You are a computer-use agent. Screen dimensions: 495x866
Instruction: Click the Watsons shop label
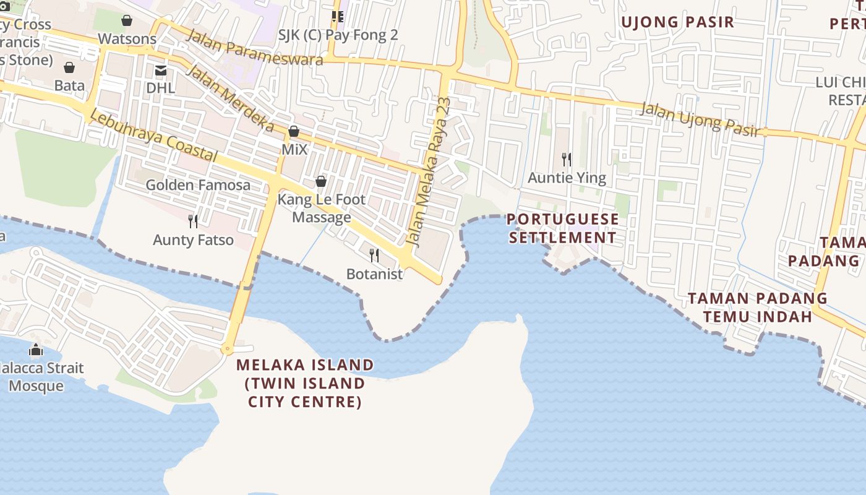pyautogui.click(x=127, y=38)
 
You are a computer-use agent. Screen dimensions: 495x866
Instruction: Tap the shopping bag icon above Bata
pyautogui.click(x=69, y=67)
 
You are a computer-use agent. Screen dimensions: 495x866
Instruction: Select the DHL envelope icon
pyautogui.click(x=161, y=71)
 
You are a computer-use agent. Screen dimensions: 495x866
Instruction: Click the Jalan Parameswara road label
pyautogui.click(x=254, y=47)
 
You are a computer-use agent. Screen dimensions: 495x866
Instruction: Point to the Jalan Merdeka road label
pyautogui.click(x=230, y=98)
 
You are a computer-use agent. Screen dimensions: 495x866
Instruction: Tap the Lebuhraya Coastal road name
pyautogui.click(x=153, y=136)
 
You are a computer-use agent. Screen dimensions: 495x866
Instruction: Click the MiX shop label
pyautogui.click(x=294, y=149)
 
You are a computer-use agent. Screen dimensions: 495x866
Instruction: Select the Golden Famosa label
pyautogui.click(x=198, y=184)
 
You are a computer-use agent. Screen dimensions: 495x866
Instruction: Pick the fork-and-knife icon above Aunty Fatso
pyautogui.click(x=193, y=220)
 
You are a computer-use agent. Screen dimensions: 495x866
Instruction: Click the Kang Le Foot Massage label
pyautogui.click(x=322, y=209)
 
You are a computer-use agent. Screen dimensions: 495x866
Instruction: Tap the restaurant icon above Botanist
pyautogui.click(x=374, y=255)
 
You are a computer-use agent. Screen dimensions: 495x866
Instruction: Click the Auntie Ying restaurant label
pyautogui.click(x=567, y=178)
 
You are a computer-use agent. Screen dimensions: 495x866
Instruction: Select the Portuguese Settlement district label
pyautogui.click(x=562, y=228)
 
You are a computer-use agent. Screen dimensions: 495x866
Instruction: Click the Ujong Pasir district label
pyautogui.click(x=677, y=22)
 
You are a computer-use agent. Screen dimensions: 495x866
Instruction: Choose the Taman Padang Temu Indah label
pyautogui.click(x=758, y=308)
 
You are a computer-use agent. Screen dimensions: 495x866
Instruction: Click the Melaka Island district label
pyautogui.click(x=305, y=383)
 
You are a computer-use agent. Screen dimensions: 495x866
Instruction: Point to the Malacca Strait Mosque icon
pyautogui.click(x=36, y=350)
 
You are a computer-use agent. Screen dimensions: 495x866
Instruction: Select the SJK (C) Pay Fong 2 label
pyautogui.click(x=338, y=35)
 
